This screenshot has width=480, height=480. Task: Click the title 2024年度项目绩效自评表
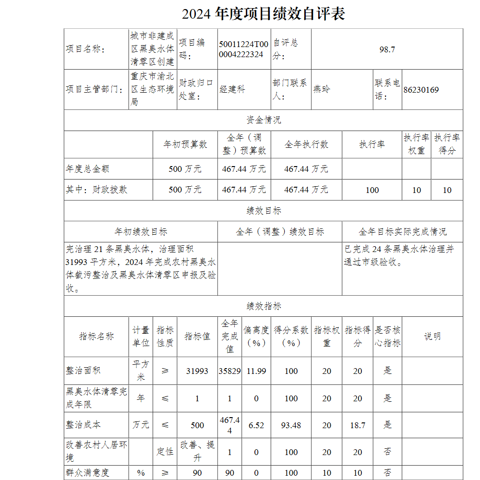(264, 14)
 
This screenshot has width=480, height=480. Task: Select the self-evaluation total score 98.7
(387, 49)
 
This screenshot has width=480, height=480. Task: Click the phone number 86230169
(421, 90)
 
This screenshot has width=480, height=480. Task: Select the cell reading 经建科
(232, 90)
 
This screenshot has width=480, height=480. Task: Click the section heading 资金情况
(264, 120)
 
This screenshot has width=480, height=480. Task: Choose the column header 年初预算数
(185, 144)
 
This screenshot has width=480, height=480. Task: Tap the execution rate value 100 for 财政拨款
(372, 190)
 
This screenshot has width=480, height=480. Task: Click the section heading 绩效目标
(264, 211)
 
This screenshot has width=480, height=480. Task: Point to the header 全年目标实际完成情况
(402, 232)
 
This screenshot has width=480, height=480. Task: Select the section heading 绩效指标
(264, 306)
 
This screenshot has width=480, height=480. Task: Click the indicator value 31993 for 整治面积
(197, 371)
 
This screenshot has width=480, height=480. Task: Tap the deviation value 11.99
(256, 371)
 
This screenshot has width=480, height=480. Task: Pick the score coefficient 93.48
(291, 425)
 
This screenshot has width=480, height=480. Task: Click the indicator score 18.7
(358, 425)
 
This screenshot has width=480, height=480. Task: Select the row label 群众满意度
(88, 473)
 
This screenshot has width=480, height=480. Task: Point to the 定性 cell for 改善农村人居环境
(165, 452)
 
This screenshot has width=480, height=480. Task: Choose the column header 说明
(432, 336)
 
